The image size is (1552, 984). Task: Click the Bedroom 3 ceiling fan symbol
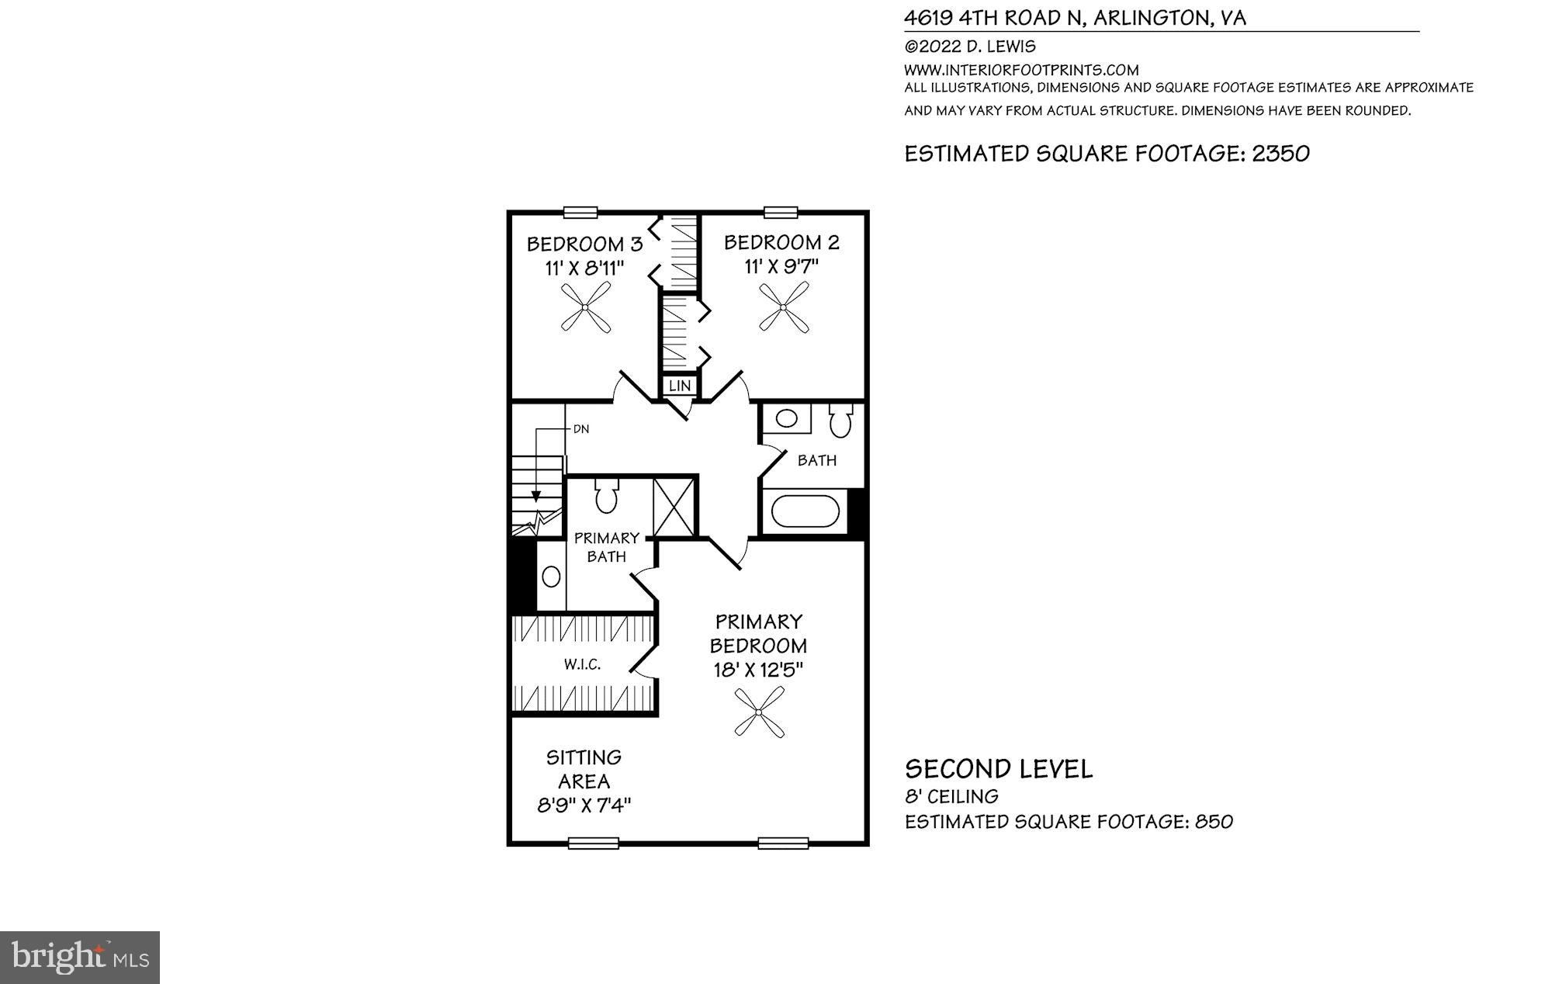tap(586, 307)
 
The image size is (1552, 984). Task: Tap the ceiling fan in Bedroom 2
tap(784, 307)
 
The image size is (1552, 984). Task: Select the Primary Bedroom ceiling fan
tap(759, 712)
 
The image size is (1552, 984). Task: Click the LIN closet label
tap(679, 386)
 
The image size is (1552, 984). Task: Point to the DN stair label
tap(580, 428)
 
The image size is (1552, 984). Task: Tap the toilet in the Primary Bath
tap(606, 497)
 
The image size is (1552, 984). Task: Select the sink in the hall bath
tap(786, 419)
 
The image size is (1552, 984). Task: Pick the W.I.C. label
tap(582, 665)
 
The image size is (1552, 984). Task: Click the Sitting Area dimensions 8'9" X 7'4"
tap(584, 806)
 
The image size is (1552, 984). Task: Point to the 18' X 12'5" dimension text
tap(758, 670)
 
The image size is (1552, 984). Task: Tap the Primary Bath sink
tap(551, 577)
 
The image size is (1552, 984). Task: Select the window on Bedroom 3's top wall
tap(580, 212)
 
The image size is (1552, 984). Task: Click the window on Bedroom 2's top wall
tap(781, 212)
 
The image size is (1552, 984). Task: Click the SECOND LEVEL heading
tap(999, 769)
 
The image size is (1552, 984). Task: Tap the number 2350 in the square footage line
tap(1280, 154)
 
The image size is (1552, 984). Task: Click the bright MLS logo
tap(80, 958)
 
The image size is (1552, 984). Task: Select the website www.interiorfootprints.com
tap(1021, 70)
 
